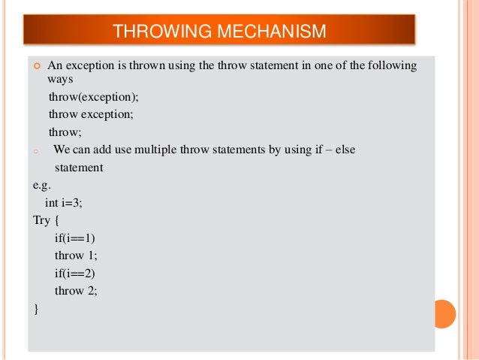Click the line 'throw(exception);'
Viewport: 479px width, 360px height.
click(x=94, y=98)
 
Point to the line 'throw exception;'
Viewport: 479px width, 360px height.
click(x=91, y=114)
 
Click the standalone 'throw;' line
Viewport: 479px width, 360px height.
click(x=65, y=132)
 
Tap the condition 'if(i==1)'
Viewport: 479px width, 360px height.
click(x=75, y=237)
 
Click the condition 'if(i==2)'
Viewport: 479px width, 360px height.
click(x=75, y=273)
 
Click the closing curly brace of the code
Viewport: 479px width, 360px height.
click(x=35, y=308)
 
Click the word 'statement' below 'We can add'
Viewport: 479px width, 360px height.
click(x=79, y=168)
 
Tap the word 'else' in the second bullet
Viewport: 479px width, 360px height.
click(x=345, y=150)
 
